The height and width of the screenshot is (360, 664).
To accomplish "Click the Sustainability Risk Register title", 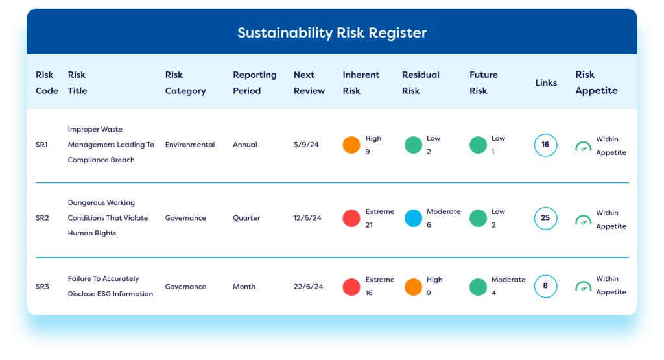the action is coord(332,32).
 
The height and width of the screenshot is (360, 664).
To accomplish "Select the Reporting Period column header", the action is coord(254,82).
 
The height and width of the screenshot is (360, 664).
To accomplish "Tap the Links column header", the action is coord(546,82).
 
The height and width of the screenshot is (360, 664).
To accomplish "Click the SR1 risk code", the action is coord(41,145).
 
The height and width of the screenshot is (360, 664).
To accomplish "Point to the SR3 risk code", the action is coord(42,286).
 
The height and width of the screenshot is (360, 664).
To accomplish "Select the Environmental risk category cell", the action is coord(190,145).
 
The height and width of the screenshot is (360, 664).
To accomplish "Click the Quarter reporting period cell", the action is coord(246,218).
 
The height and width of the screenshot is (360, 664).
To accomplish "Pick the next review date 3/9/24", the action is coord(306,145).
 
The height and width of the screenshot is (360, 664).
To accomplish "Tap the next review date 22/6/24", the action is coord(308,286).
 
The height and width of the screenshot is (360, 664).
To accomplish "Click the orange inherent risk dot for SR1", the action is coord(351,145).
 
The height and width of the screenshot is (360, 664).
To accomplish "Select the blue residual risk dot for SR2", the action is coord(413,218).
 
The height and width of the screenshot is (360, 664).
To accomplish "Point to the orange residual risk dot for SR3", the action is coord(413,287).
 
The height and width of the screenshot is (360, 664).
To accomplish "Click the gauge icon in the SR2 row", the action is coord(583,219).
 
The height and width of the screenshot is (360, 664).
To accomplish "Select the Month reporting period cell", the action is coord(244,286).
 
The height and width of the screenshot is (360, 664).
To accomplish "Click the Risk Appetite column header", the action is coord(597,82).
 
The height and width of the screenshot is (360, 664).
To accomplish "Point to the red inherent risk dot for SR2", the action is coord(351,218).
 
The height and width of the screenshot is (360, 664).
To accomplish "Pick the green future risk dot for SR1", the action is coord(478,145).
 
